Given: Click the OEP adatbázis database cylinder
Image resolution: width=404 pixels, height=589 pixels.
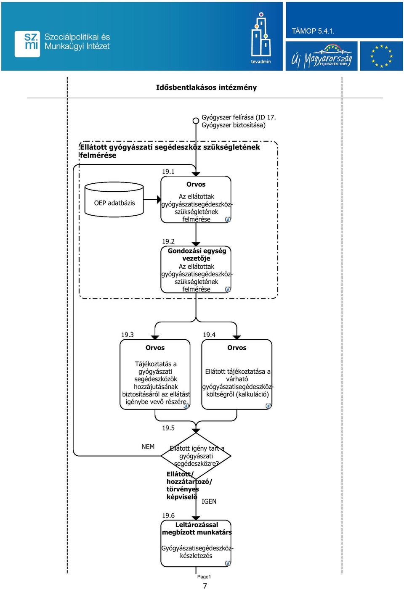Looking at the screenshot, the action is (x=114, y=199).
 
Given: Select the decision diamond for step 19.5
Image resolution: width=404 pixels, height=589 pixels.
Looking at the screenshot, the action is (x=196, y=456).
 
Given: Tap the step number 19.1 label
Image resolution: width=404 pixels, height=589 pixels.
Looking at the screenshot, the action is (x=168, y=172).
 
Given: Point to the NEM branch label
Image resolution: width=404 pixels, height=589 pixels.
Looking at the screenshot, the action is (x=148, y=446).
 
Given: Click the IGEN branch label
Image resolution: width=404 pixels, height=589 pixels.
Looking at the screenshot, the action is (x=209, y=502).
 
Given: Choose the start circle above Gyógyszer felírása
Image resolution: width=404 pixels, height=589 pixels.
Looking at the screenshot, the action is (x=196, y=121).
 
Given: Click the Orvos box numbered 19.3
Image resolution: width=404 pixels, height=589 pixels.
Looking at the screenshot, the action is (x=155, y=374).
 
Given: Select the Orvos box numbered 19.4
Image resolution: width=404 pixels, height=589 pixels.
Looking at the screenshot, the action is (x=237, y=374).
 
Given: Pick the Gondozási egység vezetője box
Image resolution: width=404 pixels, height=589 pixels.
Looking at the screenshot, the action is (x=196, y=269).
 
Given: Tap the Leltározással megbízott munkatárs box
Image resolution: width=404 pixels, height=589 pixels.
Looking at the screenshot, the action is (x=196, y=544).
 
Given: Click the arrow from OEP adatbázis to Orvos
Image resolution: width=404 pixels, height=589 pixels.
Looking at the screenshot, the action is (x=152, y=199).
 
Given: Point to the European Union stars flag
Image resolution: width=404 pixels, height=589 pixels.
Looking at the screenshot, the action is (x=381, y=56).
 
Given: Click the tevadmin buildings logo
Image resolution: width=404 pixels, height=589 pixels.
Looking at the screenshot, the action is (x=261, y=38).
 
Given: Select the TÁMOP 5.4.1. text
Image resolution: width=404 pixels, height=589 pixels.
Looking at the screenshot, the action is (x=313, y=31).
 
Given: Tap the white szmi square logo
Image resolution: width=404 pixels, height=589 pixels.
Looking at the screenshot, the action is (x=27, y=44).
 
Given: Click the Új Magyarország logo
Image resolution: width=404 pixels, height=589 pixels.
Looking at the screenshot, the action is (x=322, y=56).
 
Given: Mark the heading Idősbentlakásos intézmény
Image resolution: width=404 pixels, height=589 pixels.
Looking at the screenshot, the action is (x=206, y=87).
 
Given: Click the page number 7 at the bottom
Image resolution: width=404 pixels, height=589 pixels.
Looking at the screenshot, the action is (x=205, y=585).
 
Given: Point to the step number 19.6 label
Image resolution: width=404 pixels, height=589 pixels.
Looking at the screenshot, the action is (x=168, y=515).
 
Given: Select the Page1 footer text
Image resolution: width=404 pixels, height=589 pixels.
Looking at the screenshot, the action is (x=204, y=577).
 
